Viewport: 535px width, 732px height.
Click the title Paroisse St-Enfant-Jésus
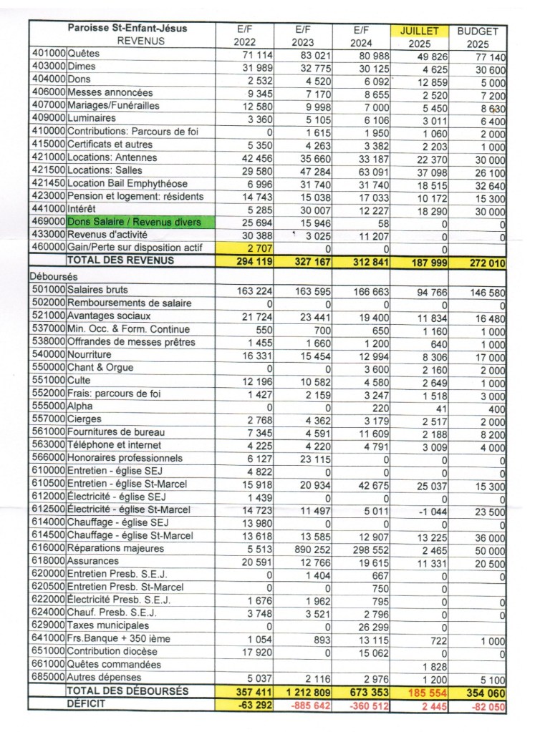click(x=127, y=28)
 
